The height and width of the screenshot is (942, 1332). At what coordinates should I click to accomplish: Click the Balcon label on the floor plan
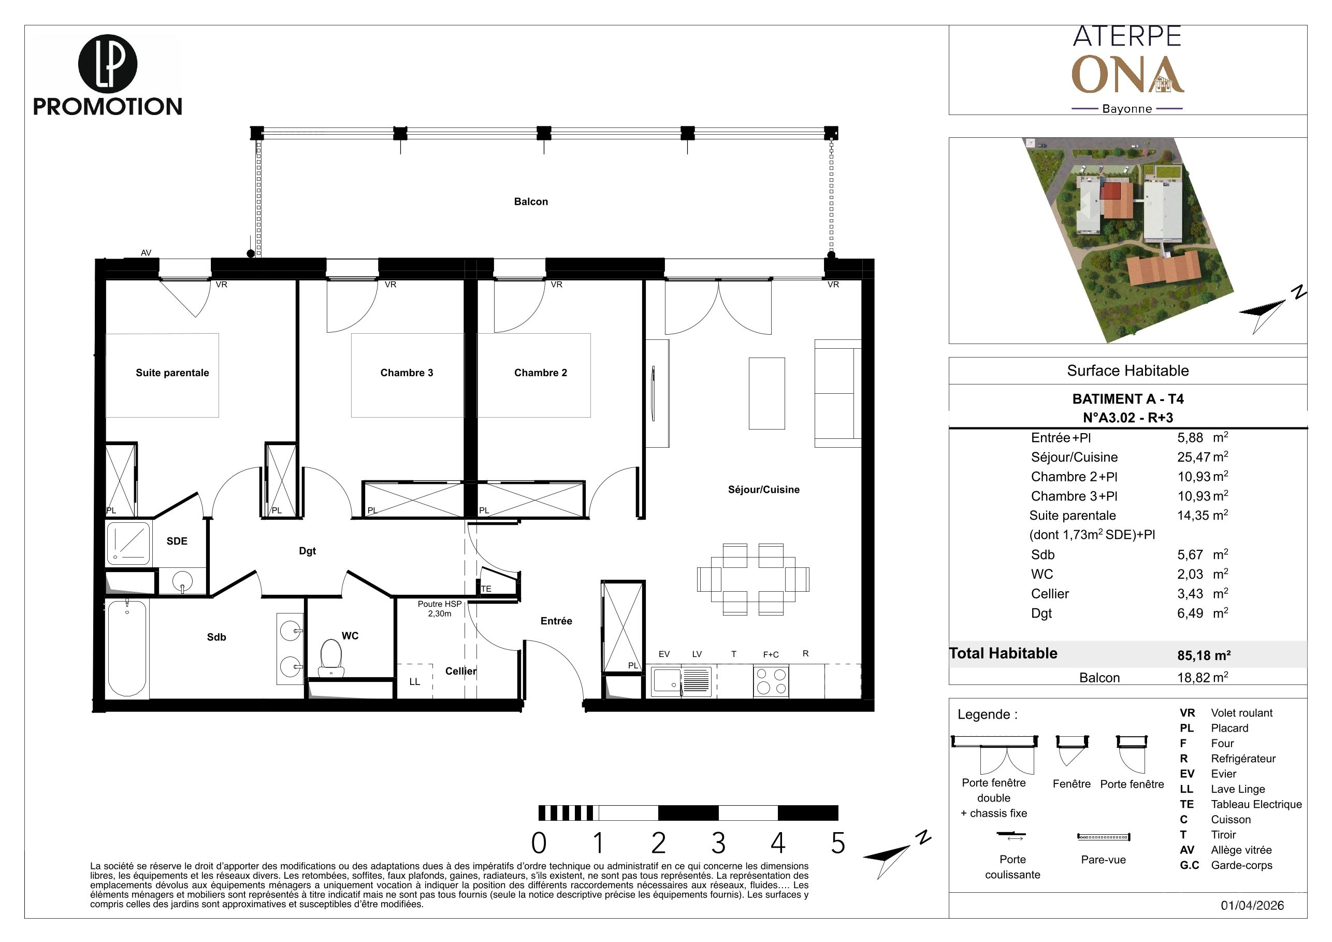tap(531, 202)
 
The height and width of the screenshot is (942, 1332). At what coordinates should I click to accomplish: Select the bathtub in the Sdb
tap(127, 648)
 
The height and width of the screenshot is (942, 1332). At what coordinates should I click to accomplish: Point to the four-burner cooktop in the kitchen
tap(771, 681)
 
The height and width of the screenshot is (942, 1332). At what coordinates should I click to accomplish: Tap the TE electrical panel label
tap(486, 589)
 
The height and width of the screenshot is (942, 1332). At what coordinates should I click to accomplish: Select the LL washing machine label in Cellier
tap(415, 681)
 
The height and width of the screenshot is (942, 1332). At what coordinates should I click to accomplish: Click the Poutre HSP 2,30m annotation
tap(440, 608)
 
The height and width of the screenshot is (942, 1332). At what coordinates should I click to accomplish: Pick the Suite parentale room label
tap(172, 373)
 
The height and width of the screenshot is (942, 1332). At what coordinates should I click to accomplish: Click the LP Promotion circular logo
tap(107, 63)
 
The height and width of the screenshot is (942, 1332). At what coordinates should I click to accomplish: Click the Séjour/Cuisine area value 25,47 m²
tap(1203, 457)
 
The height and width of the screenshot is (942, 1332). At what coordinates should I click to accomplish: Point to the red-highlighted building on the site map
tap(1113, 191)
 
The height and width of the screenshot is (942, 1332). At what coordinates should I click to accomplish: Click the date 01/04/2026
tap(1253, 905)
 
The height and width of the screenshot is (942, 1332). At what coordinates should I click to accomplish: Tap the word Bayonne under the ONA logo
tap(1126, 108)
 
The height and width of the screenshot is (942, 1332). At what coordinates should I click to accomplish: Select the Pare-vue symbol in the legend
tap(1104, 837)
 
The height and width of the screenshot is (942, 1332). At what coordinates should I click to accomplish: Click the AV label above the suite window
tap(146, 252)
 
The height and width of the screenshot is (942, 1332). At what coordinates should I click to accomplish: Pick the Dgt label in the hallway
tap(308, 551)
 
